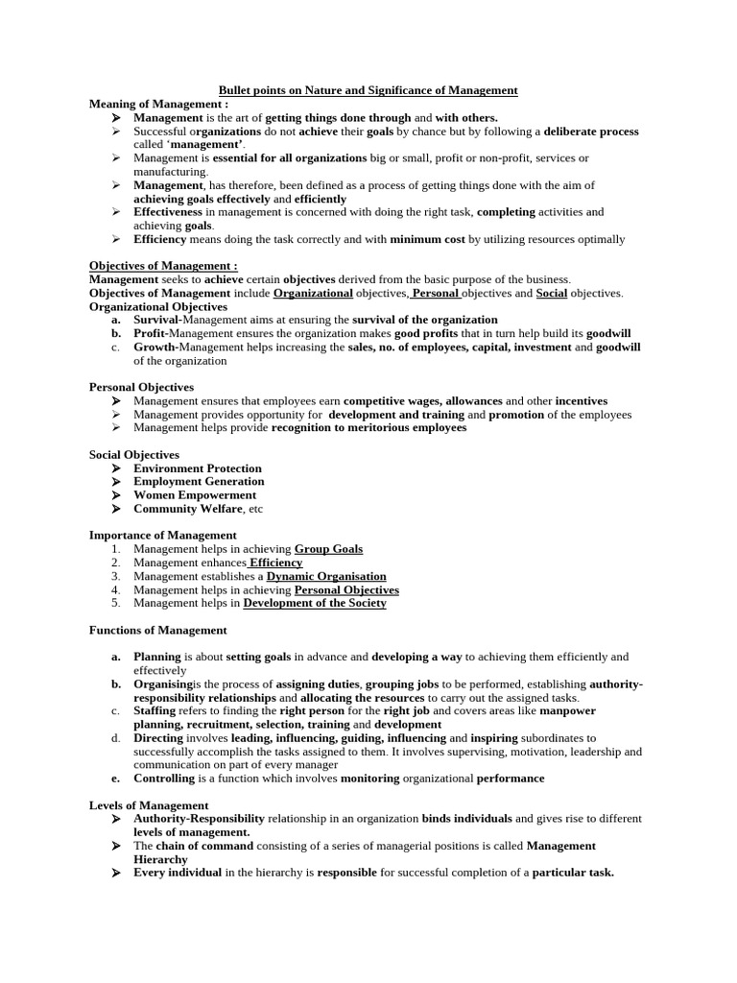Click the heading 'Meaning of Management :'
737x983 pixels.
[x=158, y=104]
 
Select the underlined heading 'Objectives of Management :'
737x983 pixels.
[x=163, y=266]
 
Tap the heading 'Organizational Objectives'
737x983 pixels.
[x=158, y=306]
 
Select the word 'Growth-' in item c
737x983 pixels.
[x=155, y=348]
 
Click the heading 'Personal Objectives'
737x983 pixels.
[x=141, y=387]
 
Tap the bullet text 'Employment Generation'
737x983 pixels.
[x=199, y=482]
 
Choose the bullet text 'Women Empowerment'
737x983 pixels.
[x=195, y=495]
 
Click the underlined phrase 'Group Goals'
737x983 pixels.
[x=328, y=549]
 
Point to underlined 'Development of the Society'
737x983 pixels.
[x=315, y=603]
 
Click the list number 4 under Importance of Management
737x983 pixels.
[x=114, y=589]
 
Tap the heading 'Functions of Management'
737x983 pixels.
[x=158, y=631]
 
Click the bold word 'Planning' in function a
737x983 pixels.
[x=157, y=657]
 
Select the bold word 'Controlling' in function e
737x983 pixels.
[x=163, y=779]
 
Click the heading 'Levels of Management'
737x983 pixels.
[x=149, y=805]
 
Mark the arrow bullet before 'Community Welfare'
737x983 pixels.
[x=114, y=509]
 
